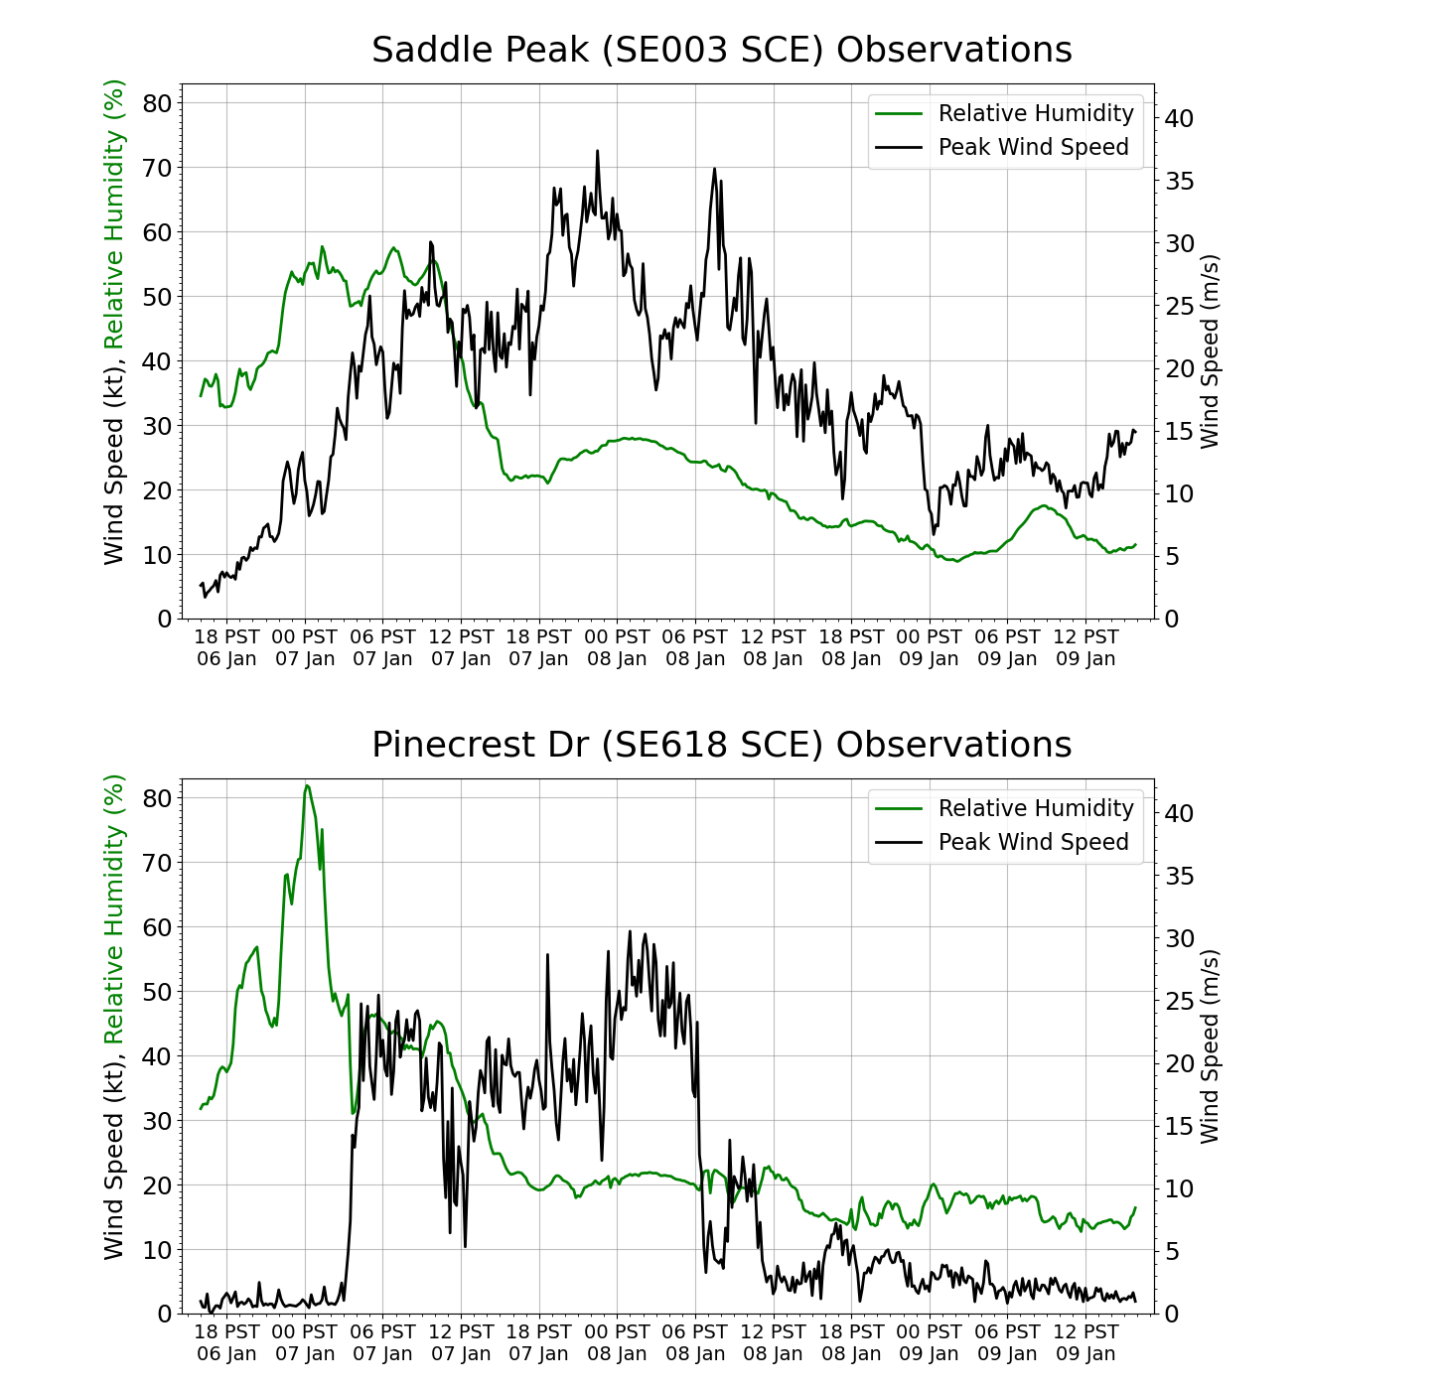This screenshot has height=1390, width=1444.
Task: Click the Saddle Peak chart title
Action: [x=722, y=50]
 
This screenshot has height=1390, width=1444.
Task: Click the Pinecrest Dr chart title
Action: [x=722, y=745]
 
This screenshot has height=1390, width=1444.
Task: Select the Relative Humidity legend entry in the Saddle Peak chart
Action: [x=1035, y=113]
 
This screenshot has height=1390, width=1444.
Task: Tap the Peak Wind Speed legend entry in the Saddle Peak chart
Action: [x=1033, y=147]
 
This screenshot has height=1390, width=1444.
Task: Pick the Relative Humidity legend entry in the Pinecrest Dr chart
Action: [x=1035, y=808]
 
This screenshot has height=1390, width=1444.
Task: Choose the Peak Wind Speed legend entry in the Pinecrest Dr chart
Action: [x=1033, y=842]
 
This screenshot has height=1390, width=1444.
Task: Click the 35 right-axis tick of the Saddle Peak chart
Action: [x=1178, y=181]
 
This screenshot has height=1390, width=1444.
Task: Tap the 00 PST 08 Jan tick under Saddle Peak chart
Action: [x=617, y=647]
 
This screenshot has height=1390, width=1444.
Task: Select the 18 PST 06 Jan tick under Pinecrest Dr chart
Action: [x=226, y=1342]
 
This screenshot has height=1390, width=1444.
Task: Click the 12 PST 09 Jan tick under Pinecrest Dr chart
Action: [x=1085, y=1342]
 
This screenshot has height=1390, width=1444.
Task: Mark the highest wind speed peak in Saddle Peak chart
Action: [x=598, y=151]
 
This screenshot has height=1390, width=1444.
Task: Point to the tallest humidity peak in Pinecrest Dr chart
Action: [x=307, y=785]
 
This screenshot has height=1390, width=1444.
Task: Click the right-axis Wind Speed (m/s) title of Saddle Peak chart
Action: [x=1210, y=351]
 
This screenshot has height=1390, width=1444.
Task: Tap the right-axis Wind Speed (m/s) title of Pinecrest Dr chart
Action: [x=1210, y=1046]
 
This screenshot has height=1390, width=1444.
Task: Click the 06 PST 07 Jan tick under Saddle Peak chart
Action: [x=382, y=647]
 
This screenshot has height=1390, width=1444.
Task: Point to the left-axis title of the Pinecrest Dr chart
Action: [x=116, y=1017]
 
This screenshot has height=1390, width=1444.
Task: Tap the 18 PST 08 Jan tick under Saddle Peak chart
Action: [x=851, y=647]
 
